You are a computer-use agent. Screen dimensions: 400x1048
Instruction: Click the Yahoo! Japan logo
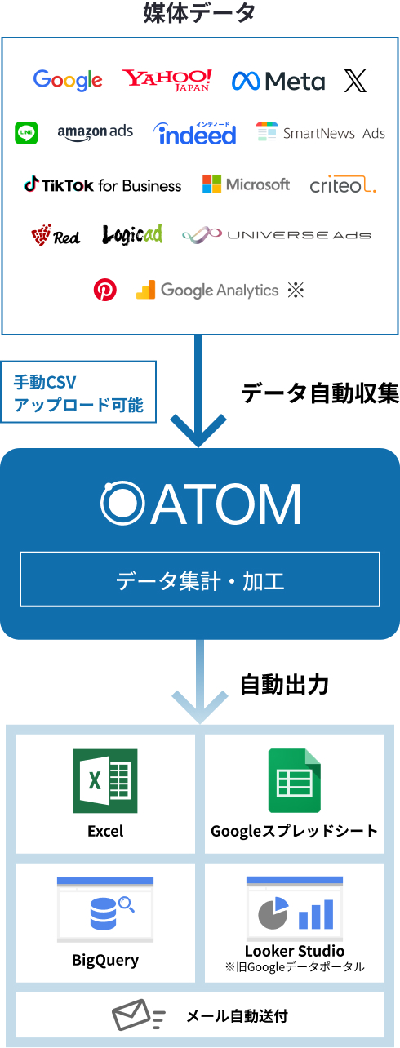coord(167,80)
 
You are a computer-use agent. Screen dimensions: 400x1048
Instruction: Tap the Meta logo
coord(278,81)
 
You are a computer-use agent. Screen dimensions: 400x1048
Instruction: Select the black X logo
coord(355,81)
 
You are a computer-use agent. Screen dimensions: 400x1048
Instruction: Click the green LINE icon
coord(26,132)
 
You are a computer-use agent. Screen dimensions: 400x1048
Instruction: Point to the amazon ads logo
coord(95,132)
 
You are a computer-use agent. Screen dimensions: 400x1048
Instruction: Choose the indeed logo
coord(194,133)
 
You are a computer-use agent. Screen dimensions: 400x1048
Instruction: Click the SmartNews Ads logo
coord(321,132)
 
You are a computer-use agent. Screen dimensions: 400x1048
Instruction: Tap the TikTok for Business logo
coord(103,184)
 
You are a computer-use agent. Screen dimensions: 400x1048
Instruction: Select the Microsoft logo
coord(246,184)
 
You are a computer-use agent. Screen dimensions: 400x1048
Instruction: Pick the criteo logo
coord(343,185)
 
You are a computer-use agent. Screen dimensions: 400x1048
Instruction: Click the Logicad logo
coord(132,235)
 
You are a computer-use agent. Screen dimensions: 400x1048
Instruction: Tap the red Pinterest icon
coord(104,290)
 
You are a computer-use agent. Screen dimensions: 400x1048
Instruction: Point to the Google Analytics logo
coord(207,290)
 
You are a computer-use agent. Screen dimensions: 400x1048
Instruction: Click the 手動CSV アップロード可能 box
coord(78,392)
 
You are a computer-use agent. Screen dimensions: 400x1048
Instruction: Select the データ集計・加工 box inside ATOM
coord(200,580)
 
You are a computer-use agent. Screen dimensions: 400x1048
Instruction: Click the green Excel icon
coord(105,781)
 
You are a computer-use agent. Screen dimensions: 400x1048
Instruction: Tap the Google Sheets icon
coord(294,781)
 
